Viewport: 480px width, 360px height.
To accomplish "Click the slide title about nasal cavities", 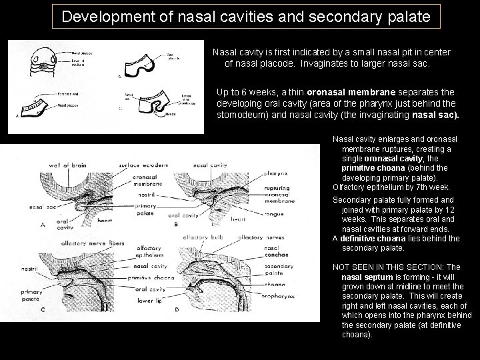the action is click(x=246, y=15).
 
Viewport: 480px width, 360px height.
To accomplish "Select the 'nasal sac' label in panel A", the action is click(x=41, y=207).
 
